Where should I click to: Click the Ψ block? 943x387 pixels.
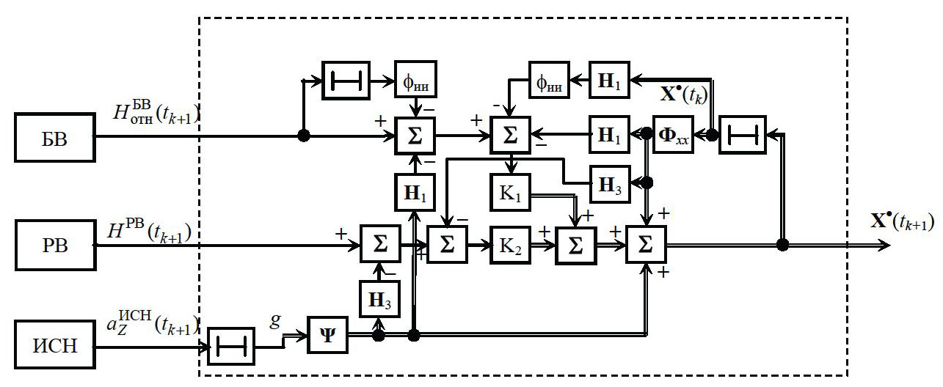click(x=327, y=336)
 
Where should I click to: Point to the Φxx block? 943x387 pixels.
click(x=673, y=134)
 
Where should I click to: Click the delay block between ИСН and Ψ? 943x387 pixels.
click(x=231, y=345)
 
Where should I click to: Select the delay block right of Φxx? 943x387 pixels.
click(x=742, y=134)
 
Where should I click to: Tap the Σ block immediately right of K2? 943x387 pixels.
click(x=577, y=246)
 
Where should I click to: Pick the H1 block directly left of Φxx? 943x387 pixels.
click(x=610, y=134)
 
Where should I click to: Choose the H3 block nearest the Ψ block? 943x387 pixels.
click(x=380, y=298)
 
